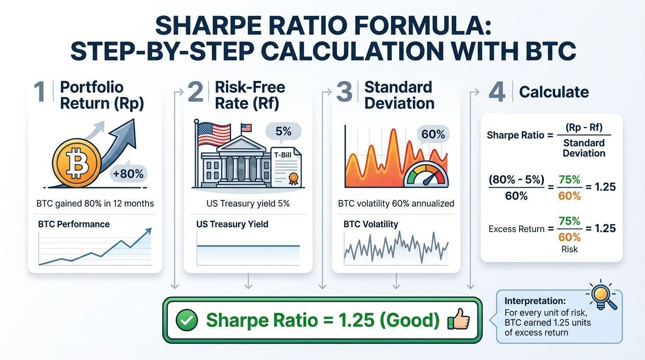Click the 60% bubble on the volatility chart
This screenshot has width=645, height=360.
433,135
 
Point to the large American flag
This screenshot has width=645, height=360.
214,133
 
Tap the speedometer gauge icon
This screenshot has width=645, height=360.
426,176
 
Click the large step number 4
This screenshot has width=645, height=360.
497,92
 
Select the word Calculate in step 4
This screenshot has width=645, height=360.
554,92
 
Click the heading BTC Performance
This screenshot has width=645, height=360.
74,224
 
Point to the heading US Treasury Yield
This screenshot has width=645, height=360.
232,224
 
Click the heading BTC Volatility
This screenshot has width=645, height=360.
370,224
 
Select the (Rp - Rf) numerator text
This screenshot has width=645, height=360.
584,128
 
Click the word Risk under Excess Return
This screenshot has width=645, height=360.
570,249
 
